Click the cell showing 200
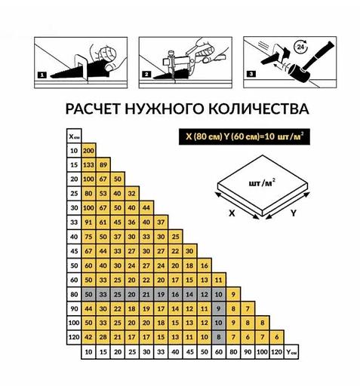(88, 151)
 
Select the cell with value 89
(103, 165)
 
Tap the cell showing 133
(88, 165)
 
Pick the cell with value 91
(88, 222)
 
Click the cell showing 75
(88, 237)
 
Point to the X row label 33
(74, 222)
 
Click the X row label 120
(74, 337)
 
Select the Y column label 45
(189, 352)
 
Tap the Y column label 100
(262, 352)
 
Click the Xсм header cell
(74, 136)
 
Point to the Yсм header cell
(291, 352)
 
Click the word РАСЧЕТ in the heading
(94, 109)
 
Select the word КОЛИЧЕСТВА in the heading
(259, 109)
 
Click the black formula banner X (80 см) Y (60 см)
(245, 136)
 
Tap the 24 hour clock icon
(300, 47)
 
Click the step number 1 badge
(42, 75)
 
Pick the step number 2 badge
(146, 74)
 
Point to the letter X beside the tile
(232, 213)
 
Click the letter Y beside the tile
(294, 213)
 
